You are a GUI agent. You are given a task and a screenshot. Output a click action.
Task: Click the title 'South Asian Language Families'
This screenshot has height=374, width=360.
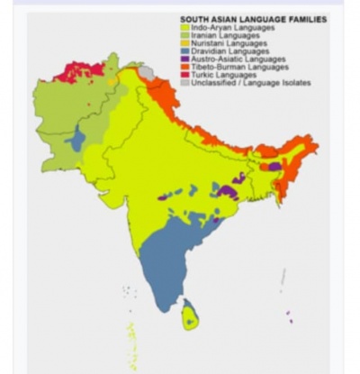pyautogui.click(x=253, y=19)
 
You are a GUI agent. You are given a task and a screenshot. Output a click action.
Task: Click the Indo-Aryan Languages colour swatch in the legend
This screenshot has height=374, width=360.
pyautogui.click(x=184, y=28)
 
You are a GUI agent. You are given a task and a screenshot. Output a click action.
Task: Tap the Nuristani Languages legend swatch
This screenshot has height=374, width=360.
pyautogui.click(x=184, y=43)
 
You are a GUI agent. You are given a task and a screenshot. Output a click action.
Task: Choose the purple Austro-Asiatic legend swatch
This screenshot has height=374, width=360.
pyautogui.click(x=184, y=59)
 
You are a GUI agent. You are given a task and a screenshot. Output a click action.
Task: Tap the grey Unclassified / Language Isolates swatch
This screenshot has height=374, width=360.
pyautogui.click(x=184, y=82)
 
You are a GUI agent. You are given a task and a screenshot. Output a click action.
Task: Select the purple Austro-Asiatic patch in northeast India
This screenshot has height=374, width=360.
pyautogui.click(x=274, y=167)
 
